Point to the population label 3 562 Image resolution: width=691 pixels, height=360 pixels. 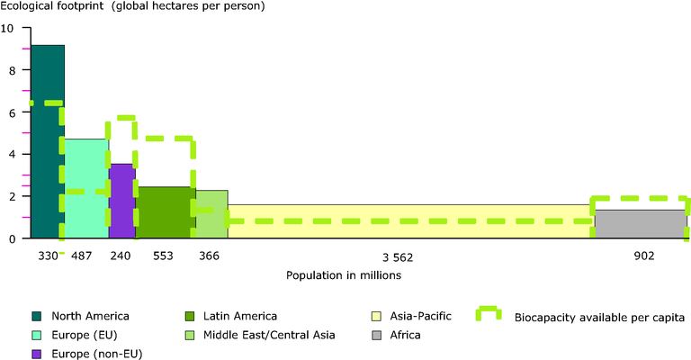coord(410,256)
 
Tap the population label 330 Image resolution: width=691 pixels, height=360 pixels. coord(45,256)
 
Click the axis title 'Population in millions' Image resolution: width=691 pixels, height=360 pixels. coord(343,275)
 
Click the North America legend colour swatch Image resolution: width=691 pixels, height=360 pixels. coord(38,315)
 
